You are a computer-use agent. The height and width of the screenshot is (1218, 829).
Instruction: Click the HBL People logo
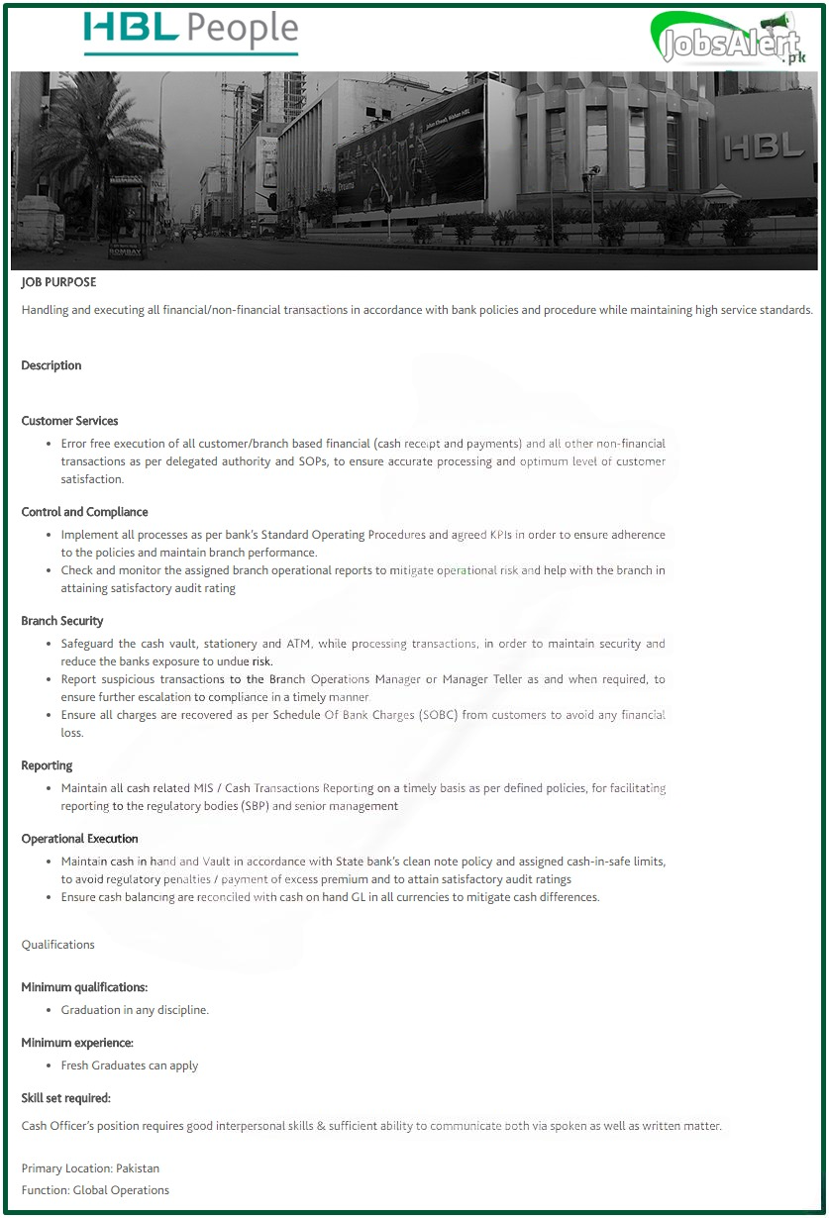[x=190, y=33]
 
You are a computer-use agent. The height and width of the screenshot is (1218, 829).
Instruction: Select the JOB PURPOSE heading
[x=58, y=282]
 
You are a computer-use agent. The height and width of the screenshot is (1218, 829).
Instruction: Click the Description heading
[x=52, y=365]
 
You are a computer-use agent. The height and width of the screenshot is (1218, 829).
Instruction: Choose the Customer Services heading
[x=69, y=421]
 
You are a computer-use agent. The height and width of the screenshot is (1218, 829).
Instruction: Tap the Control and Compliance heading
[x=84, y=512]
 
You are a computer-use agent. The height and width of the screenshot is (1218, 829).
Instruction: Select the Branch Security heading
[x=62, y=621]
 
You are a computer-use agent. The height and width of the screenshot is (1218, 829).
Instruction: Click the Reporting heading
[x=47, y=765]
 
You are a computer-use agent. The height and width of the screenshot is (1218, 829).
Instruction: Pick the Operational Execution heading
[x=79, y=839]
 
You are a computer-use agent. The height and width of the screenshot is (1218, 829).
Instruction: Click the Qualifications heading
[x=58, y=945]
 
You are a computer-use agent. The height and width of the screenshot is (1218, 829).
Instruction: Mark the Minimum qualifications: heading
[x=84, y=987]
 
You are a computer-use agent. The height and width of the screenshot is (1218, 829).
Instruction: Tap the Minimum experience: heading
[x=77, y=1043]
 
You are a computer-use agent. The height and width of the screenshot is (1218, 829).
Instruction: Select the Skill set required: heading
[x=65, y=1098]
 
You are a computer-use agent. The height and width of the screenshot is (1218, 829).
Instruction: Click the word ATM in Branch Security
[x=299, y=644]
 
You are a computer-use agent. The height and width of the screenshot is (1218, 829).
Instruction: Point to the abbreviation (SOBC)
[x=446, y=715]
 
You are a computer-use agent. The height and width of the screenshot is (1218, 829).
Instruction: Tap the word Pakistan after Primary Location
[x=138, y=1168]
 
